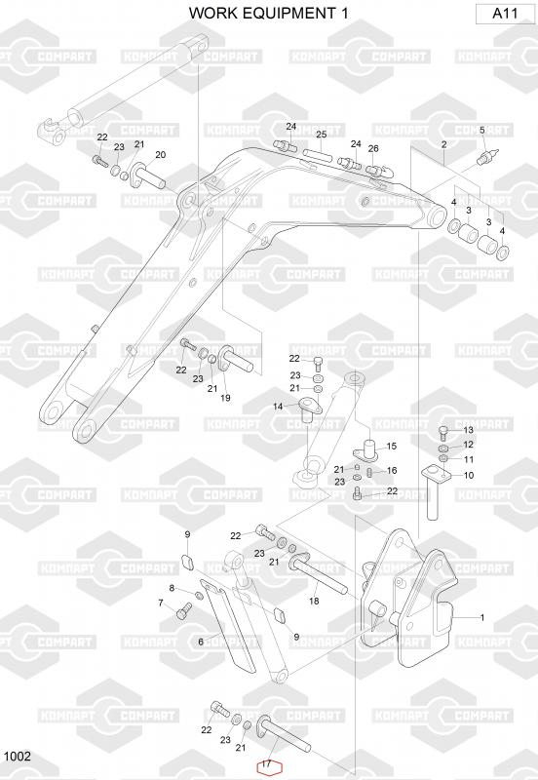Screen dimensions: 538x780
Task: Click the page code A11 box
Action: coord(504,14)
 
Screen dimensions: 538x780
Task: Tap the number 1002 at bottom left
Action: coord(18,757)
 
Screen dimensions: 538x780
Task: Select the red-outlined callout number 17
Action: coord(267,764)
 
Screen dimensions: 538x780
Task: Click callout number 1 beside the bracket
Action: coord(481,617)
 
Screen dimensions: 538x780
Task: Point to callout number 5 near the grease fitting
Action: coord(481,131)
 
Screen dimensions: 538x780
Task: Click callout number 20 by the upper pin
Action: coord(161,155)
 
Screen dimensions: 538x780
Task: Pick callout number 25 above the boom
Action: coord(322,135)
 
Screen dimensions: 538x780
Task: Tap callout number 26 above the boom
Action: coord(373,148)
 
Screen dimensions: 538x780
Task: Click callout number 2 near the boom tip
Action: coord(444,144)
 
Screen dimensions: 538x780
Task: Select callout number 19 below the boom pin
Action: coord(225,398)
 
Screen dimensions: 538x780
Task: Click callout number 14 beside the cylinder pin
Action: coord(278,407)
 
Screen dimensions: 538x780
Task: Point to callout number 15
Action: coord(392,447)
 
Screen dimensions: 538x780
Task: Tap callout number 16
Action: coord(392,470)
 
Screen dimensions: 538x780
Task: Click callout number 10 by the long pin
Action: coord(469,475)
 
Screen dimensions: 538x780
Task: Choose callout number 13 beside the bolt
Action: coord(469,430)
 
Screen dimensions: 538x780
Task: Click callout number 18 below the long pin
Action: coord(314,601)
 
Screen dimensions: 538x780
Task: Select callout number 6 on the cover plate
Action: coord(201,642)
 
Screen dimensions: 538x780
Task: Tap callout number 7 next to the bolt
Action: coord(161,603)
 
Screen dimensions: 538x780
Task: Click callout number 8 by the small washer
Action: coord(173,588)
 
